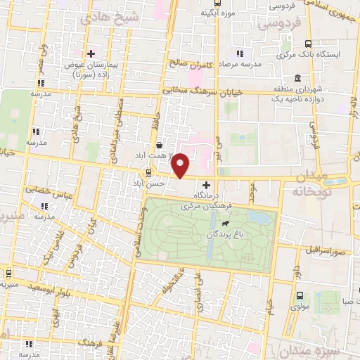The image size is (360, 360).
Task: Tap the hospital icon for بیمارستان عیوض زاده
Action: click(91, 53)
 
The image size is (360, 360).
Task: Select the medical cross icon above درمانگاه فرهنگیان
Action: click(205, 184)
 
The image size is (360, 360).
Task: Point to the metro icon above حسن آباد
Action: click(148, 172)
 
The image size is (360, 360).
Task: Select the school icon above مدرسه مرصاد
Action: click(239, 53)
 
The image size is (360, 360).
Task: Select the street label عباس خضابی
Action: click(46, 189)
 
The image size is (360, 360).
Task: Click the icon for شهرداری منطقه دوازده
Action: click(299, 78)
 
